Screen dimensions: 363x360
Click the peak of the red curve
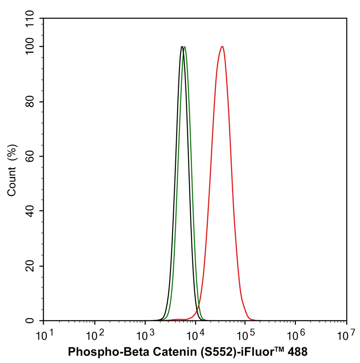tap(222, 47)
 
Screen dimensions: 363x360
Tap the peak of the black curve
tap(182, 47)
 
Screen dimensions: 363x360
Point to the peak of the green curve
tap(185, 47)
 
